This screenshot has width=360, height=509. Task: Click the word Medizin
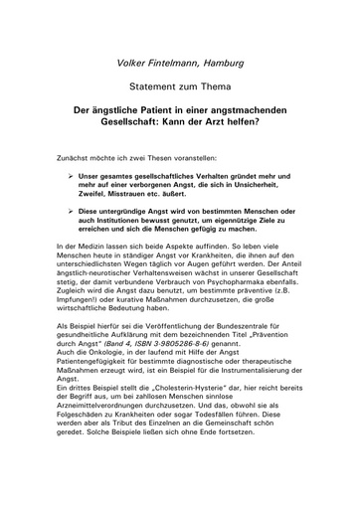click(98, 273)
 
